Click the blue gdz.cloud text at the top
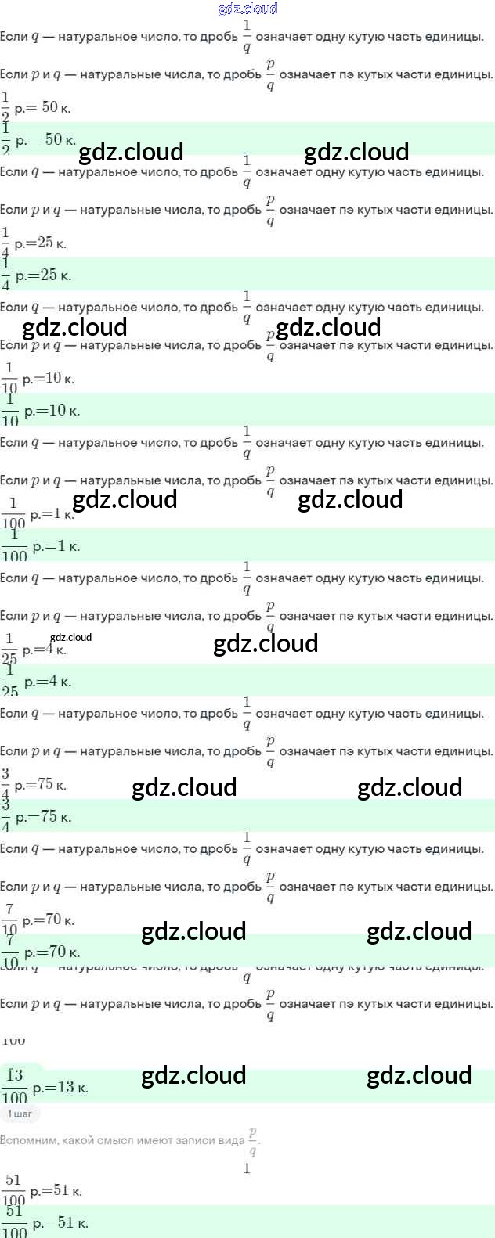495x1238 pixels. point(247,9)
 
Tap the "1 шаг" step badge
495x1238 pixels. point(20,1114)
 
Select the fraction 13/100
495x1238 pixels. point(14,1085)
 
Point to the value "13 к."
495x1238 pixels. point(72,1087)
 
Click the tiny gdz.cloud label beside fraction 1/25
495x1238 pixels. point(70,637)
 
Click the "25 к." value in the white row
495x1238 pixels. point(52,243)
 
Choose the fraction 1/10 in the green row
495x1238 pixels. point(10,409)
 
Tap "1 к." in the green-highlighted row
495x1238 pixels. point(69,546)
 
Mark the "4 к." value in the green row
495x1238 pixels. point(59,682)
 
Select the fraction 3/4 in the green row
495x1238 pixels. point(5,815)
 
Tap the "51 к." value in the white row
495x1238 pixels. point(67,1191)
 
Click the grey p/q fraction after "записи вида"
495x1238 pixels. point(252,1142)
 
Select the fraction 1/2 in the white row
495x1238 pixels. point(5,107)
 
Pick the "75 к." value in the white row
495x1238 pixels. point(52,784)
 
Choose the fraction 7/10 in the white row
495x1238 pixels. point(9,919)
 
